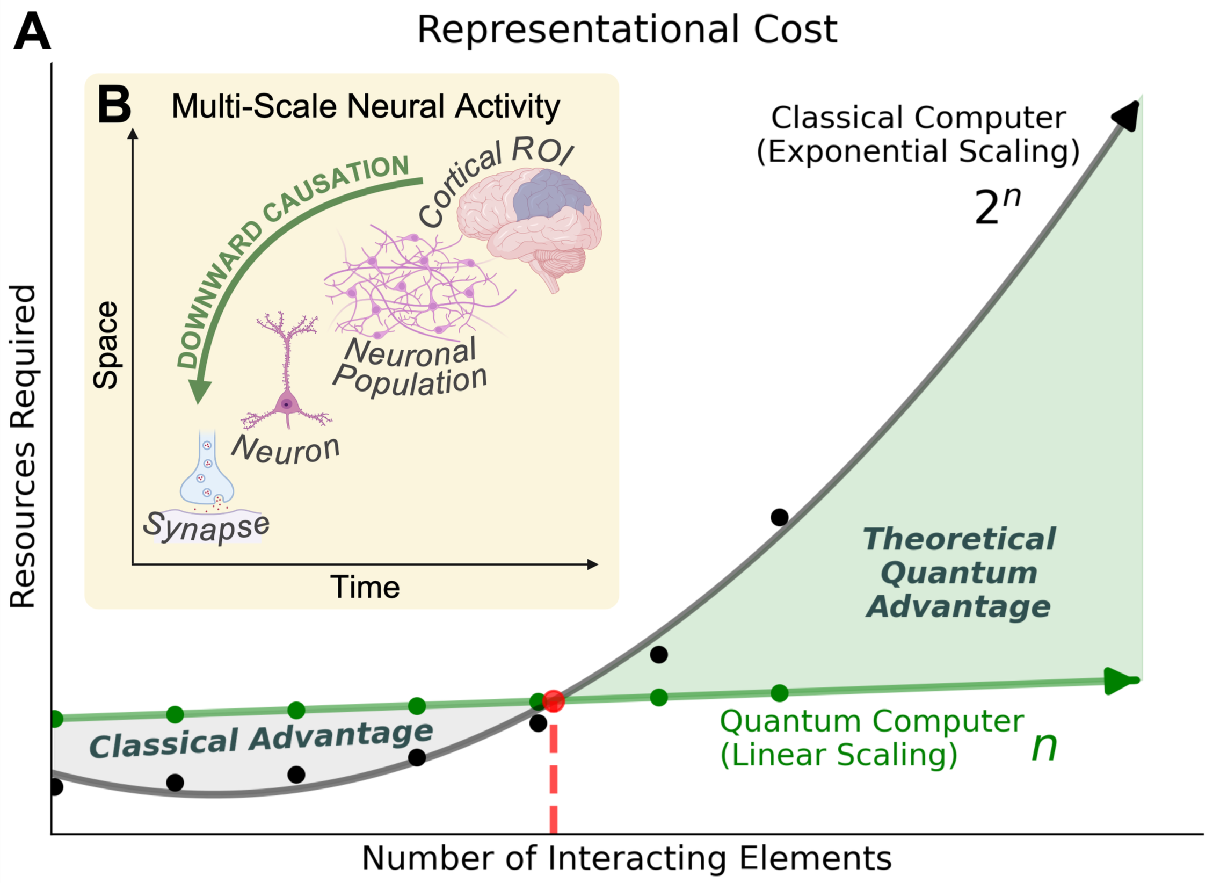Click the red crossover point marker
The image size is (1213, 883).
(x=553, y=701)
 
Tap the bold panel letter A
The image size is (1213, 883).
(x=32, y=32)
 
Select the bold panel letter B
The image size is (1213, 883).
(x=114, y=105)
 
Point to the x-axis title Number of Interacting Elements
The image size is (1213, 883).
(x=627, y=858)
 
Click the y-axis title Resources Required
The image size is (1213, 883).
(x=23, y=446)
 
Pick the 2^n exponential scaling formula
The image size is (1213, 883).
(x=997, y=207)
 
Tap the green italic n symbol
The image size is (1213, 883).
(x=1044, y=746)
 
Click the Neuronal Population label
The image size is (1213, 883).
(x=411, y=368)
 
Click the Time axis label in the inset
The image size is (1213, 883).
(x=365, y=587)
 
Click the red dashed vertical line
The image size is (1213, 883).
(x=554, y=779)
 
